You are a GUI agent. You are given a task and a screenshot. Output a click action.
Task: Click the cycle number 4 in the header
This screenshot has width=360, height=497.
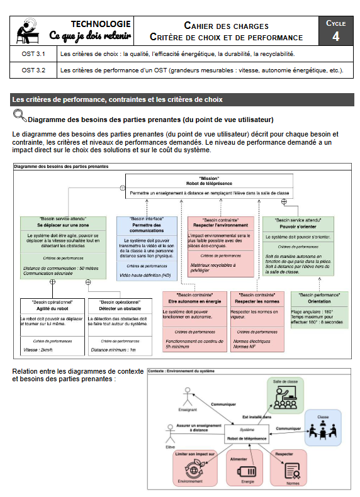pos(335,36)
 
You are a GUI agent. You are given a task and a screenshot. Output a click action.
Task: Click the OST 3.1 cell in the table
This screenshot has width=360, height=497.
pos(33,54)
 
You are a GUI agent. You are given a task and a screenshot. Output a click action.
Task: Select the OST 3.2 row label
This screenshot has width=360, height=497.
pos(33,70)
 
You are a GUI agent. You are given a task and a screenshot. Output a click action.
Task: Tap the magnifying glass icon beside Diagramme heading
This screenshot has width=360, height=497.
pos(20,115)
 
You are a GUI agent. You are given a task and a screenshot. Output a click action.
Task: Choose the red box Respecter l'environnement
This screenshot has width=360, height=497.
pos(221,246)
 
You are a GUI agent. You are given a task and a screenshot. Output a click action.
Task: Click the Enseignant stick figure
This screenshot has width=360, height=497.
pos(186,397)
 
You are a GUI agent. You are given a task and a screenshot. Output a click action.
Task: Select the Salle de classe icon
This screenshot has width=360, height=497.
pos(285,396)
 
